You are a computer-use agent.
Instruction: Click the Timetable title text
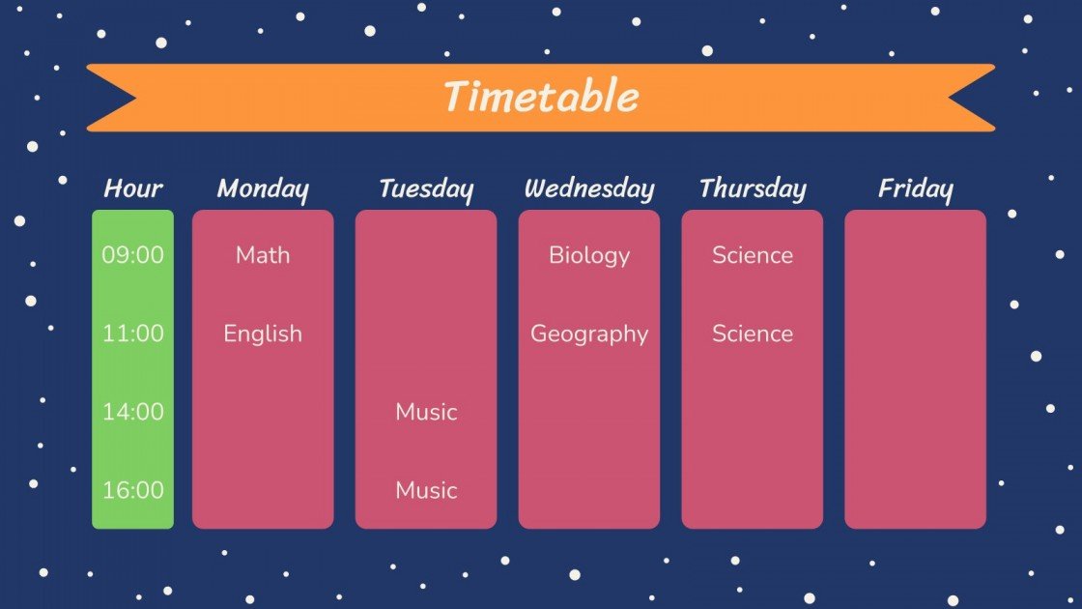[x=541, y=98]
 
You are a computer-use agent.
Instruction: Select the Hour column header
[x=133, y=188]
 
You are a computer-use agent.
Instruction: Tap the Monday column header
[x=263, y=188]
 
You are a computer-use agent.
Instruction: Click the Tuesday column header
[x=426, y=188]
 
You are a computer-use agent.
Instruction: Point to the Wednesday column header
[x=589, y=188]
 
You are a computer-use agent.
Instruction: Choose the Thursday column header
[x=753, y=188]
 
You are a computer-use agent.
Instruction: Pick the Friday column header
[x=915, y=188]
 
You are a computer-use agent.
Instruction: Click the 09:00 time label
[x=133, y=255]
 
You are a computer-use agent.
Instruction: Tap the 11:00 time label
[x=133, y=333]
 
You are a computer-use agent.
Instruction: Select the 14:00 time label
[x=133, y=412]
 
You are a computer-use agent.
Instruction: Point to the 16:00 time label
[x=133, y=490]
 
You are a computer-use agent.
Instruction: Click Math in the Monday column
[x=263, y=255]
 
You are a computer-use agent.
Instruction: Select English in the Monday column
[x=263, y=333]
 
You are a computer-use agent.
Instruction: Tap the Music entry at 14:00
[x=426, y=412]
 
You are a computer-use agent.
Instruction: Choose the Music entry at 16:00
[x=426, y=490]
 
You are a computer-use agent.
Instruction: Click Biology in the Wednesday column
[x=589, y=255]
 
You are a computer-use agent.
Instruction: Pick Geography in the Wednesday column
[x=589, y=333]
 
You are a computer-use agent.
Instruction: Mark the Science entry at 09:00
[x=753, y=255]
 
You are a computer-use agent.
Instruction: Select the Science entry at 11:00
[x=753, y=333]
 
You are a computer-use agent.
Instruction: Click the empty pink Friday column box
[x=915, y=369]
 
